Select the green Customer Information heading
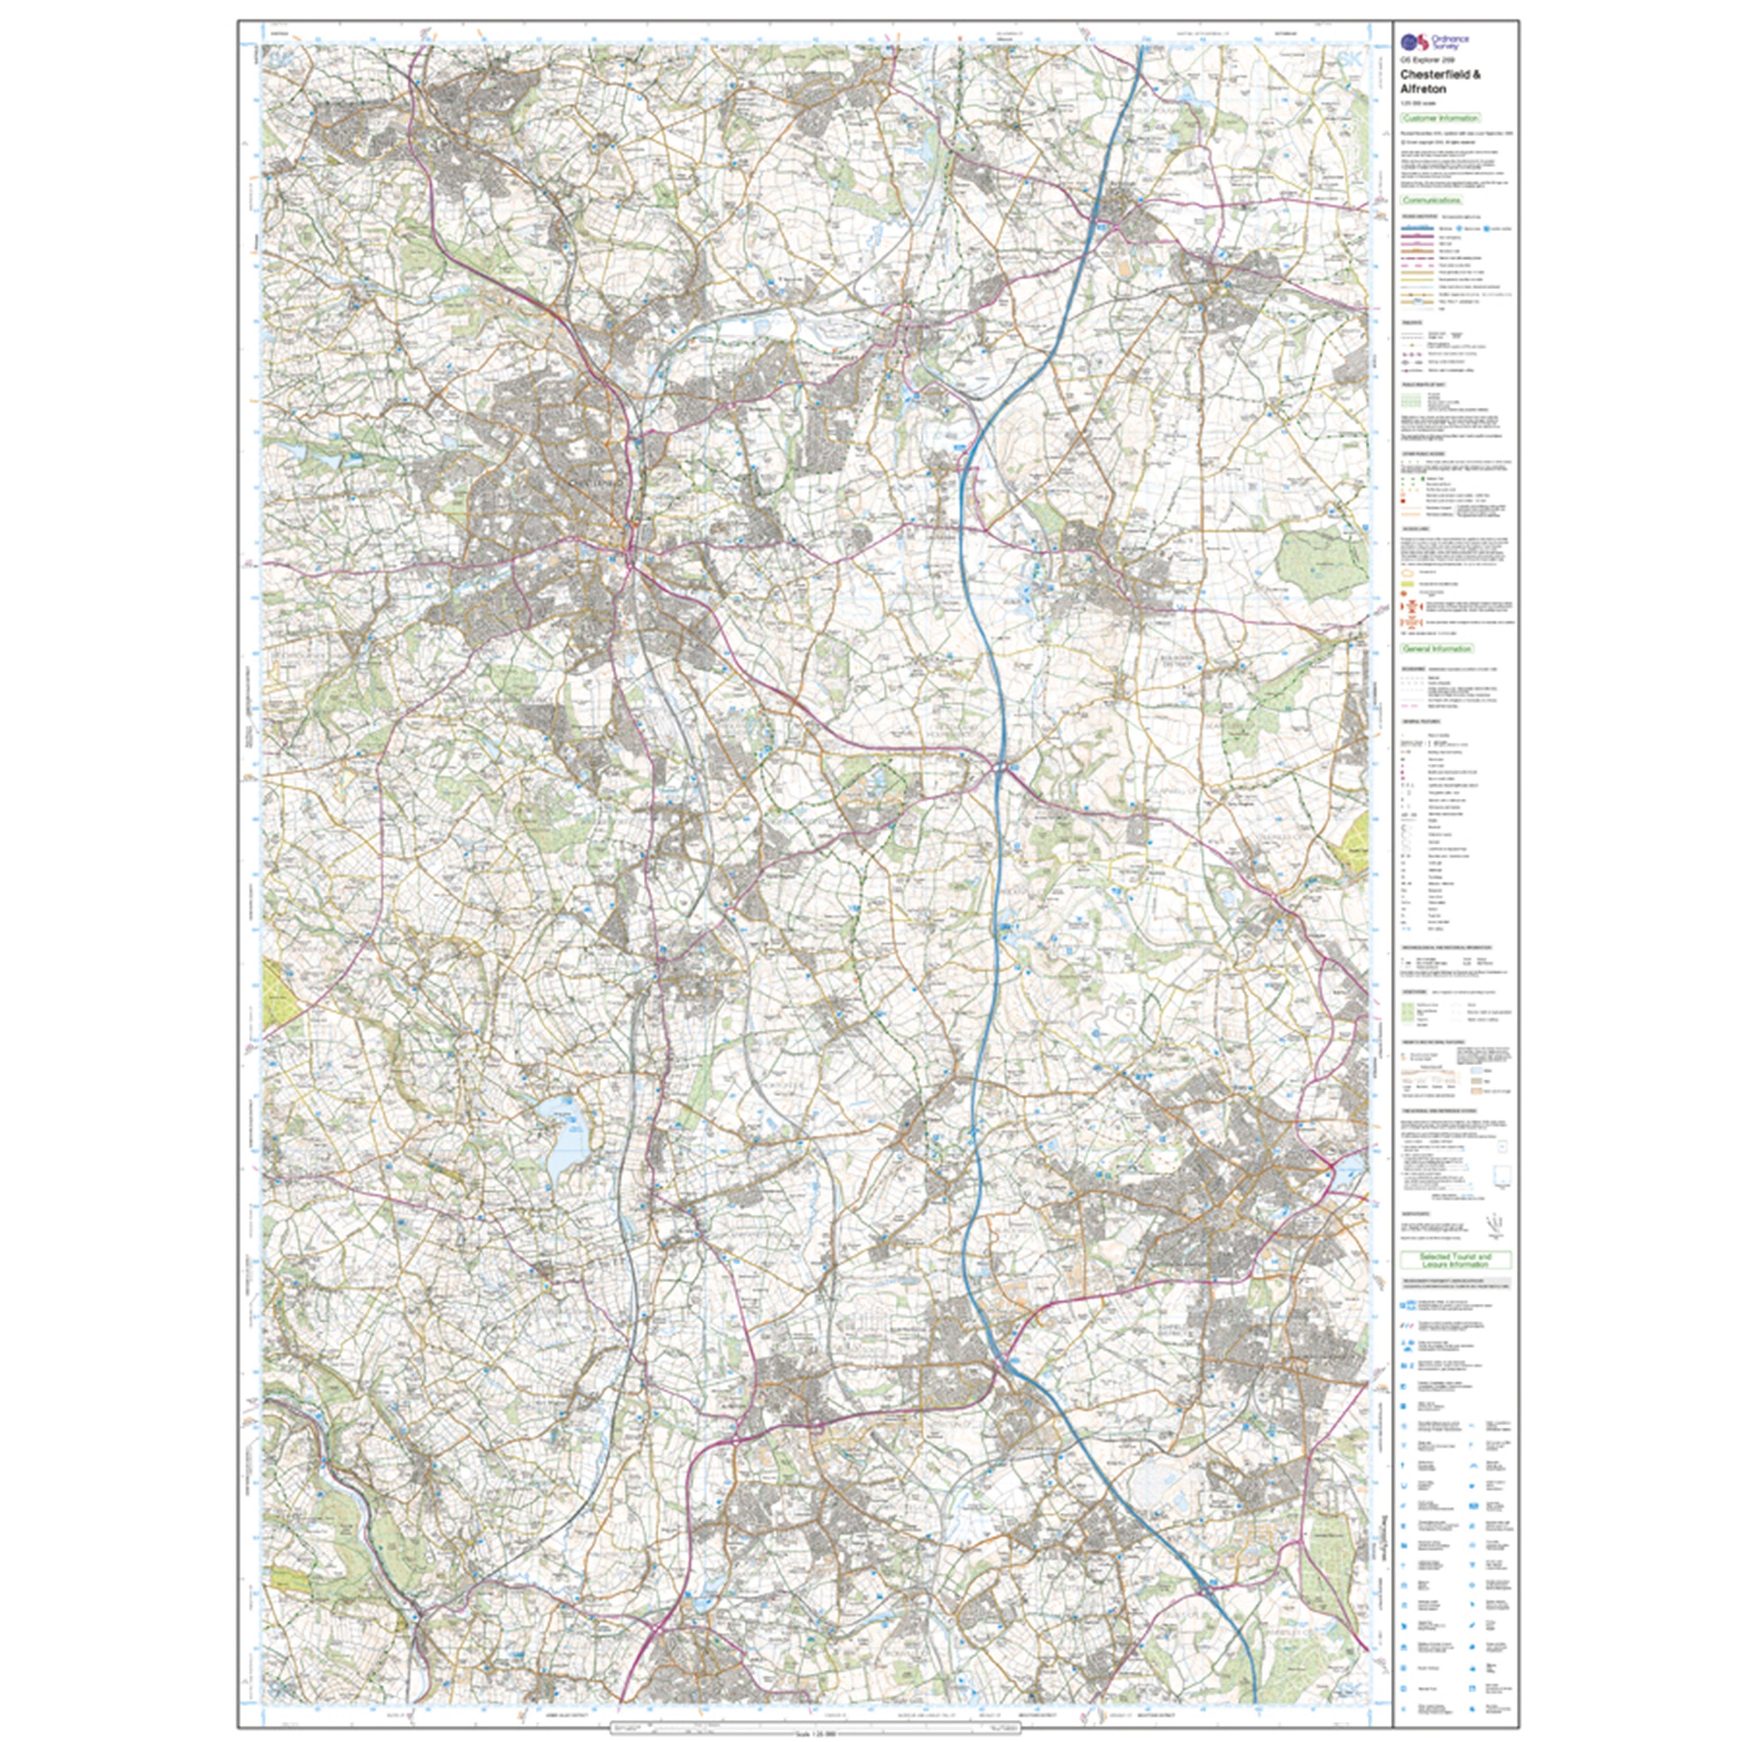click(x=1440, y=118)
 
